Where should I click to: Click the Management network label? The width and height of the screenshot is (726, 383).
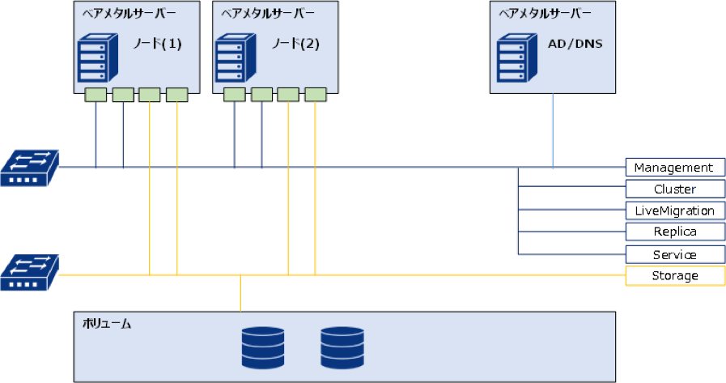click(x=674, y=168)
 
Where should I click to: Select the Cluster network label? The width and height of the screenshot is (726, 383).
click(x=674, y=189)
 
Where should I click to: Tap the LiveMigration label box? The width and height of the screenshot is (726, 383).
click(x=674, y=211)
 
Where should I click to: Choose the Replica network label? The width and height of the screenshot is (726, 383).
click(x=674, y=232)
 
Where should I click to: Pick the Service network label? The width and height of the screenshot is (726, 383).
click(x=674, y=254)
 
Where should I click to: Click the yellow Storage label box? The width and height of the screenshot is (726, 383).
click(x=674, y=276)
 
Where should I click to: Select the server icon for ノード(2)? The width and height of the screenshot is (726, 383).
click(x=232, y=55)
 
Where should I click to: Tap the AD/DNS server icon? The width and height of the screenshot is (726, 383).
click(x=511, y=55)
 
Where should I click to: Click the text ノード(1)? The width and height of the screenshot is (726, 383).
click(x=157, y=45)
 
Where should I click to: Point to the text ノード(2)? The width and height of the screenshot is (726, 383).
click(x=295, y=45)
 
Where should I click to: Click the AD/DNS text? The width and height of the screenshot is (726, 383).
click(x=575, y=45)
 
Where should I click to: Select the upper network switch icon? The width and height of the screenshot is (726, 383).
click(x=30, y=168)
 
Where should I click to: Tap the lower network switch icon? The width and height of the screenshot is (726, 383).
click(x=30, y=272)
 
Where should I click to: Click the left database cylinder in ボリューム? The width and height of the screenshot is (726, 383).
click(x=263, y=347)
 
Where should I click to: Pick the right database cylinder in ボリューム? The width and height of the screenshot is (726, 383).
click(x=342, y=347)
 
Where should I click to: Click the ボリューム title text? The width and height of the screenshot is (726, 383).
click(x=107, y=323)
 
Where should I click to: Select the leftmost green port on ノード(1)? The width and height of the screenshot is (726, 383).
click(x=96, y=95)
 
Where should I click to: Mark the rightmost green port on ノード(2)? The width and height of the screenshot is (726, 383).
click(x=316, y=95)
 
